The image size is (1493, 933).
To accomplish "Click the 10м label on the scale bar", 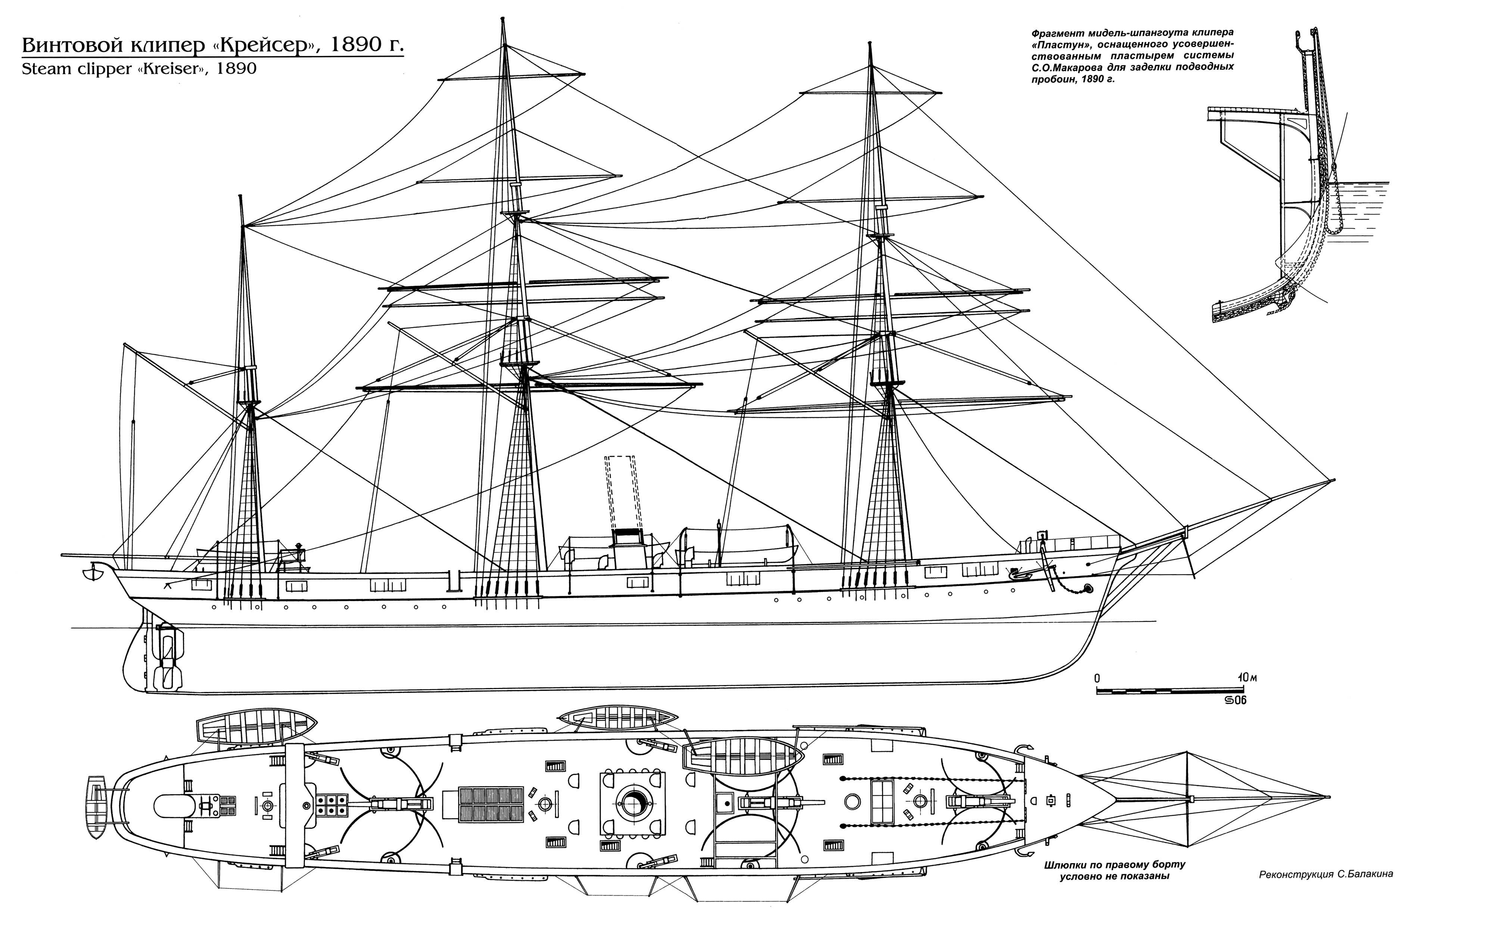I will pyautogui.click(x=1247, y=678).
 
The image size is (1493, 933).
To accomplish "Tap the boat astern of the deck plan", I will pyautogui.click(x=97, y=806).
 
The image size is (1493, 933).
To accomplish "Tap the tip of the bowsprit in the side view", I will pyautogui.click(x=1333, y=480).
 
